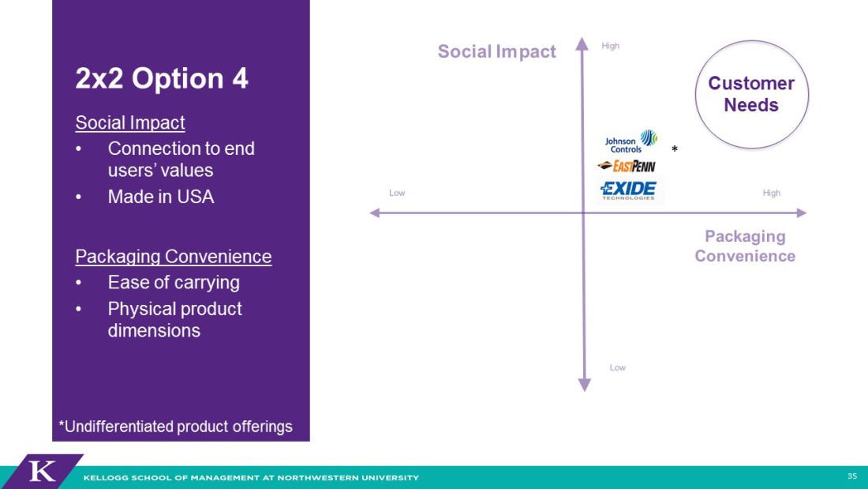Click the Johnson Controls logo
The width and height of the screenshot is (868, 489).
point(631,141)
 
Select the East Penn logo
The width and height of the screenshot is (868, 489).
point(627,166)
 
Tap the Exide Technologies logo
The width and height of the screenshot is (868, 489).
point(628,190)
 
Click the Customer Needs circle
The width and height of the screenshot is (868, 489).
point(751,94)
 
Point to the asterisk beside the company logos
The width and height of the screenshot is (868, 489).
point(674,149)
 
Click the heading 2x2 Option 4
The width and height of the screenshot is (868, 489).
point(162,78)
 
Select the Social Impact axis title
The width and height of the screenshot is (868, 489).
point(496,51)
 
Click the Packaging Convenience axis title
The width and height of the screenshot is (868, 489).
point(745,246)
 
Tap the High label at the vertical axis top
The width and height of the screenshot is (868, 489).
point(610,46)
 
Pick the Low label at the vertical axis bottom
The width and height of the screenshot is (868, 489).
point(617,367)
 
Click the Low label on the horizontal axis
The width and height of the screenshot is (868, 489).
point(397,193)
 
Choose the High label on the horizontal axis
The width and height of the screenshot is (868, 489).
point(771,193)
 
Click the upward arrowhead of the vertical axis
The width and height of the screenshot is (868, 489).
point(582,43)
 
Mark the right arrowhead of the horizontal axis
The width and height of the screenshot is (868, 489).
point(802,213)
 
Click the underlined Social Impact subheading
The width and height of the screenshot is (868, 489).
point(130,122)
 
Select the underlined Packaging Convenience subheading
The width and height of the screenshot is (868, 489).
point(174,257)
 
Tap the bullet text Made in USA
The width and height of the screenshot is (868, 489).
point(161,197)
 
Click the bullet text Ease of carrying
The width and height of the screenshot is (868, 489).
point(174,283)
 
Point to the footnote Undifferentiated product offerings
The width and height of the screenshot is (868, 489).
point(175,427)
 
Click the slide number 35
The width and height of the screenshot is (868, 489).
point(852,476)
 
